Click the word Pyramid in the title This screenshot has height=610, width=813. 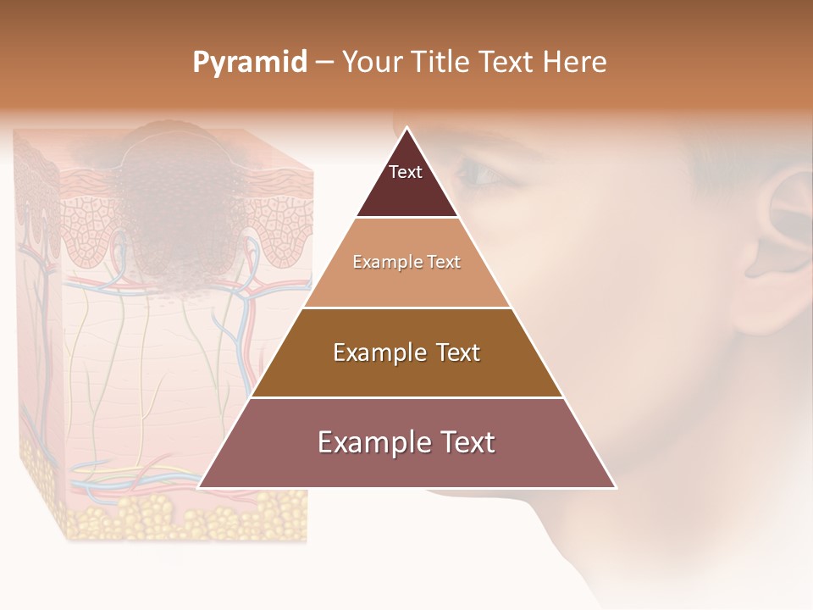pyautogui.click(x=250, y=63)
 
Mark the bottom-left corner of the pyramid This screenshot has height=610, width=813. pyautogui.click(x=200, y=487)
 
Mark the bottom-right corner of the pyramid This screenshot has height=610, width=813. pyautogui.click(x=615, y=487)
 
